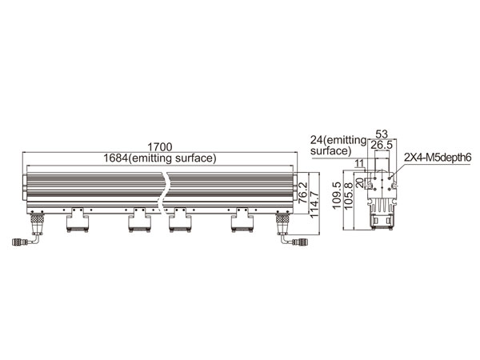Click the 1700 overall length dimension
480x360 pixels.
click(160, 147)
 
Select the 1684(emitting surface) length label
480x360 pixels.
click(160, 158)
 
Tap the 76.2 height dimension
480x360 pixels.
click(302, 193)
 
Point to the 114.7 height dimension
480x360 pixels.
click(314, 204)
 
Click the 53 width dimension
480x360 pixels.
click(382, 134)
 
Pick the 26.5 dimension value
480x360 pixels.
click(382, 145)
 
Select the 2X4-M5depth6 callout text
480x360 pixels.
click(438, 158)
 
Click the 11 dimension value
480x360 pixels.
click(359, 163)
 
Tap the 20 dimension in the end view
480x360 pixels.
click(361, 183)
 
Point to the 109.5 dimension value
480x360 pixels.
click(337, 195)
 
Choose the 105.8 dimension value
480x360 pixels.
click(348, 196)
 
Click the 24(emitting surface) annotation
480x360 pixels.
click(338, 146)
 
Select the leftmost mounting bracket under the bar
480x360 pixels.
click(78, 220)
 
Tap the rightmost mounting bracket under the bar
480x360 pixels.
click(242, 220)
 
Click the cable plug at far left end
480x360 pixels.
click(18, 242)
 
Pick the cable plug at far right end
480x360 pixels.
click(300, 242)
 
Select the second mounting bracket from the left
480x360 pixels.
click(139, 220)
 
